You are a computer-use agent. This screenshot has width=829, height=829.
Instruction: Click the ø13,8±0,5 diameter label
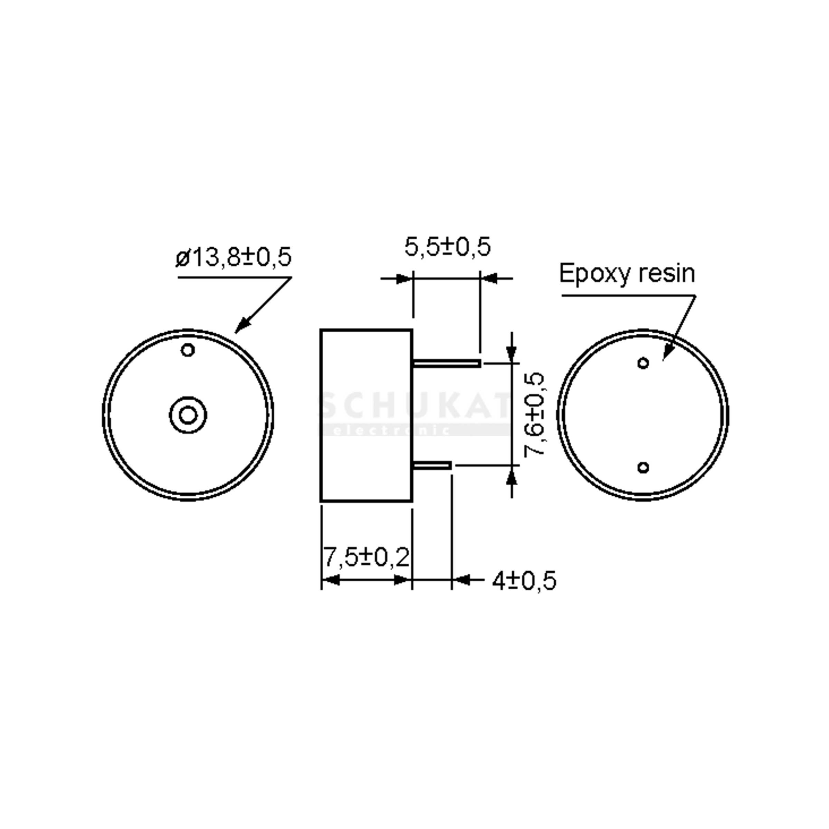[234, 257]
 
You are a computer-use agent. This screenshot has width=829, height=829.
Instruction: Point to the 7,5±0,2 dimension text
[365, 557]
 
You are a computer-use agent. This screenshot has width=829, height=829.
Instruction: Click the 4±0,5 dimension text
[524, 581]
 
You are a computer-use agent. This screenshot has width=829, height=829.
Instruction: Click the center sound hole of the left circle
[188, 415]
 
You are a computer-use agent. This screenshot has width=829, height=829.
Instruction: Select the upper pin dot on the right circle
[643, 363]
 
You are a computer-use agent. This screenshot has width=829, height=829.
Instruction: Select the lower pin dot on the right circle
[643, 467]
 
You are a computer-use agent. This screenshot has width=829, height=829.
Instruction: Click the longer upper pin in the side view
[446, 363]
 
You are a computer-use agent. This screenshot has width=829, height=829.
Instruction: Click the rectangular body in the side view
[366, 415]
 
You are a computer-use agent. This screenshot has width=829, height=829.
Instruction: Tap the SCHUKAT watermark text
[414, 406]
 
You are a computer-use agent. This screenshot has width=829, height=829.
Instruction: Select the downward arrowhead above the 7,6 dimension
[511, 354]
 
